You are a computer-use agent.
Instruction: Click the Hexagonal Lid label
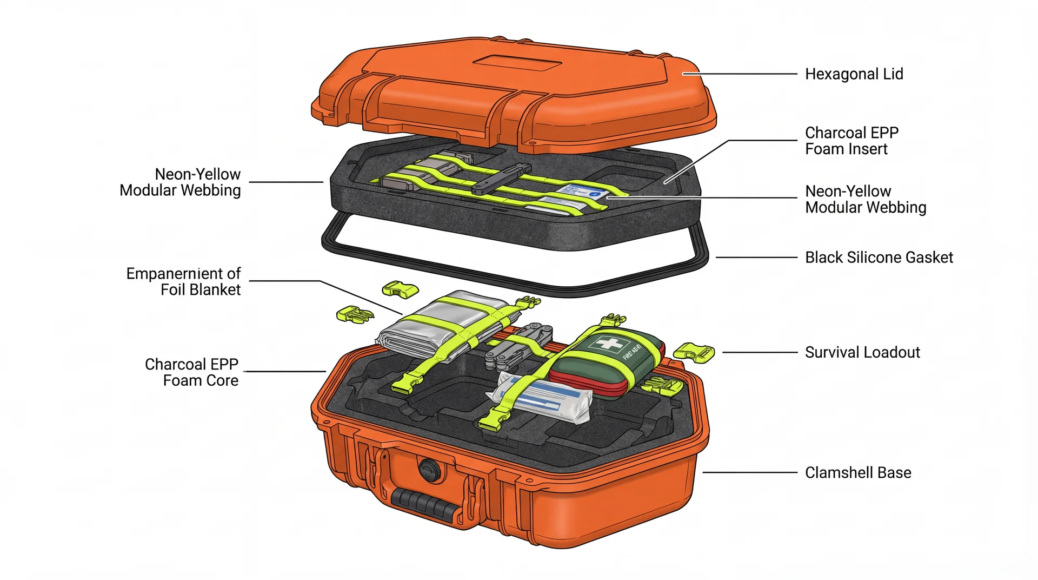[x=854, y=74]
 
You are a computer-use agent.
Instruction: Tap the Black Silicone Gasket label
[x=879, y=258]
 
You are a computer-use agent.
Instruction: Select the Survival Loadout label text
[x=862, y=353]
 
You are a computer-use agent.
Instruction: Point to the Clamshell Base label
[x=858, y=473]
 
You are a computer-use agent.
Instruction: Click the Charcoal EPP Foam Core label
[x=192, y=372]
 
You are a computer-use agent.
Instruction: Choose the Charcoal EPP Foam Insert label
[x=851, y=141]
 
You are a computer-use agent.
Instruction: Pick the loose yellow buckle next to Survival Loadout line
[x=694, y=352]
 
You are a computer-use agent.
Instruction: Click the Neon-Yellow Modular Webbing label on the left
[x=180, y=182]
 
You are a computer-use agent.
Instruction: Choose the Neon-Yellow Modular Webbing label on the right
[x=865, y=199]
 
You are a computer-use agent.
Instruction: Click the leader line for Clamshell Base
[x=750, y=473]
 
